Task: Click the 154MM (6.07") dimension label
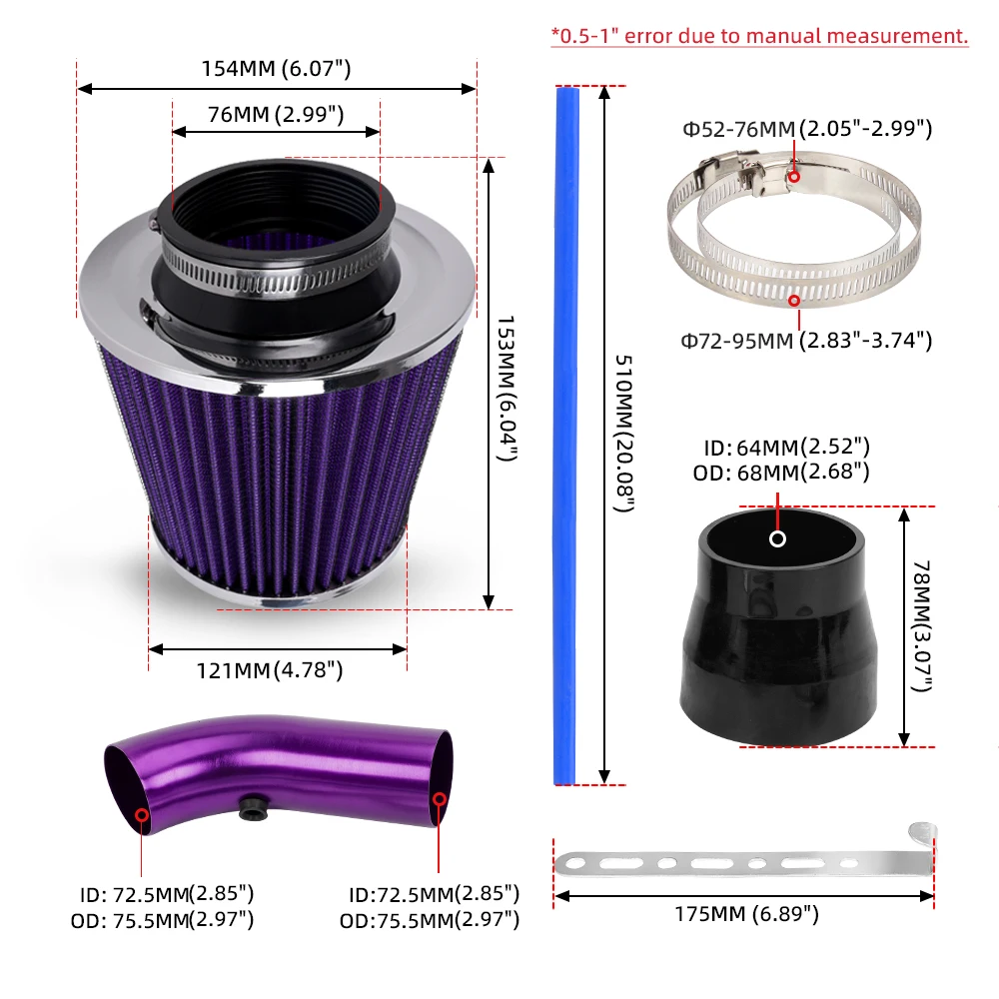[277, 69]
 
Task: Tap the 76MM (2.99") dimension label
[276, 114]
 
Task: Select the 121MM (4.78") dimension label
[276, 670]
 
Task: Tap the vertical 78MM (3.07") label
[924, 626]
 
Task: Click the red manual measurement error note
[759, 36]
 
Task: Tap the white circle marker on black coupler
[777, 539]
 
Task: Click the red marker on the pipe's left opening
[142, 816]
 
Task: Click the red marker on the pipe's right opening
[439, 799]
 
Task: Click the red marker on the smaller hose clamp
[794, 177]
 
